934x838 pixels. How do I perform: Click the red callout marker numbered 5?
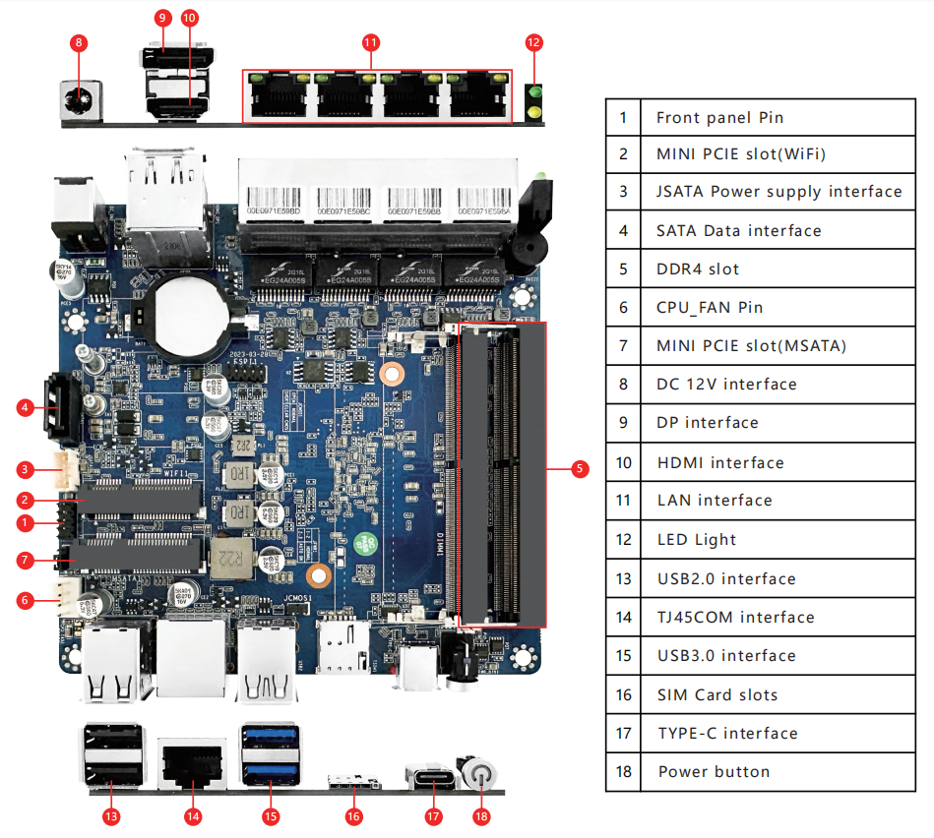coord(581,469)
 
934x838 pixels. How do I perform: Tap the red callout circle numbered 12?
coord(533,42)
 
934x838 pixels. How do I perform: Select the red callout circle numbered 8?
coord(80,42)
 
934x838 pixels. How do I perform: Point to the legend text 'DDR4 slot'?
coord(697,269)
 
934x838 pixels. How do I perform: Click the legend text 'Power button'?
coord(714,771)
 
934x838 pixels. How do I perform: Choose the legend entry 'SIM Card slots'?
coord(716,694)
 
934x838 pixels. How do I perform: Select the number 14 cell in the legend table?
coord(623,617)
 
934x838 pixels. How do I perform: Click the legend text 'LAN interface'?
coord(714,500)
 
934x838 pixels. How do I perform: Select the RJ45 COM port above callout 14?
coord(191,763)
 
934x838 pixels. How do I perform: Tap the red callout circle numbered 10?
coord(190,18)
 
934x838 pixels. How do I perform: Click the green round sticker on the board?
coord(366,542)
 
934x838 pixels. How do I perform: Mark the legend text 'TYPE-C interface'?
coord(727,733)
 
